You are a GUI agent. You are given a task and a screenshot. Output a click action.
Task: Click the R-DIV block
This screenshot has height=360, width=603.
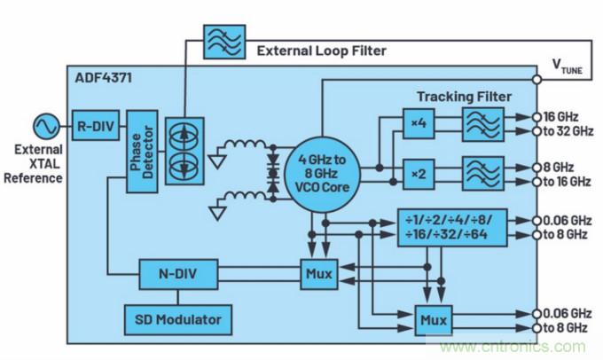pyautogui.click(x=92, y=124)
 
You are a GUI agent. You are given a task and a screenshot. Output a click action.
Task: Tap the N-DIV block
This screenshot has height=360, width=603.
pyautogui.click(x=178, y=274)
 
